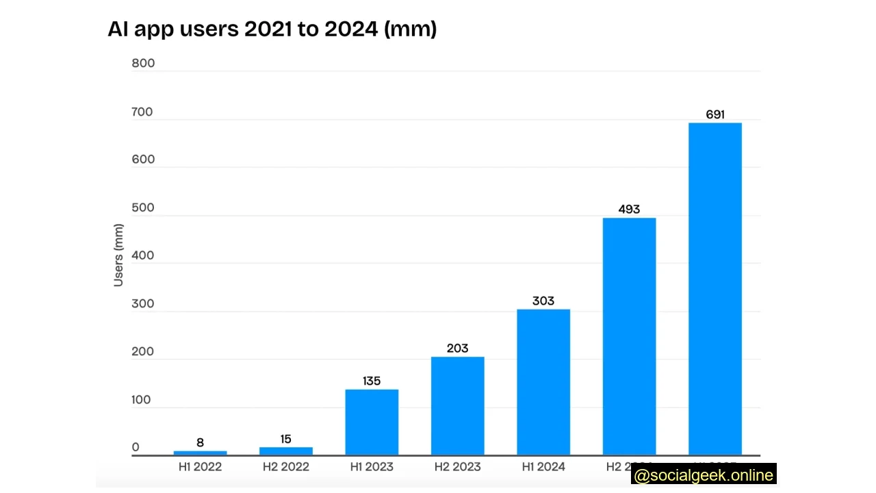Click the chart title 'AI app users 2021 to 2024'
pyautogui.click(x=272, y=29)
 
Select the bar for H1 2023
pyautogui.click(x=372, y=422)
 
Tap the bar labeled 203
pyautogui.click(x=457, y=405)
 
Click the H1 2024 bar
pyautogui.click(x=543, y=382)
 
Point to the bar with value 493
pyautogui.click(x=629, y=336)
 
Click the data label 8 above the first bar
pyautogui.click(x=200, y=442)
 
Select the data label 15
pyautogui.click(x=286, y=439)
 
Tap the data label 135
pyautogui.click(x=372, y=381)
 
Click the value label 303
pyautogui.click(x=543, y=301)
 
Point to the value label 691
pyautogui.click(x=715, y=114)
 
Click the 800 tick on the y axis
pyautogui.click(x=143, y=63)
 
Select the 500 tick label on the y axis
pyautogui.click(x=143, y=207)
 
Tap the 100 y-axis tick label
pyautogui.click(x=140, y=400)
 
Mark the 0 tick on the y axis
pyautogui.click(x=136, y=447)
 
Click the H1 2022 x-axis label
pyautogui.click(x=200, y=467)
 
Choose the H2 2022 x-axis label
pyautogui.click(x=286, y=467)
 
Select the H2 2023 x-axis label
pyautogui.click(x=457, y=467)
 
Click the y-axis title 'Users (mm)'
pyautogui.click(x=118, y=255)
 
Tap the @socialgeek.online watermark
pyautogui.click(x=704, y=475)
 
